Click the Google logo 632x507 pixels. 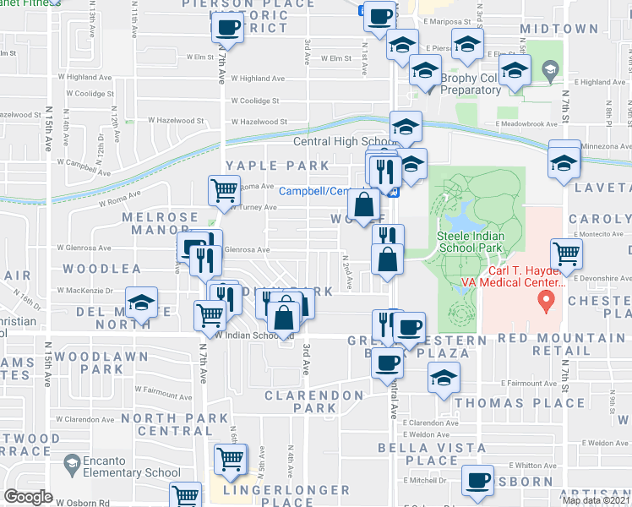click(x=28, y=497)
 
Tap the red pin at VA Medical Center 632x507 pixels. click(x=547, y=299)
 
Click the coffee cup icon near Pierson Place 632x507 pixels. click(x=226, y=27)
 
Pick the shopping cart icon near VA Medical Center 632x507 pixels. click(x=565, y=252)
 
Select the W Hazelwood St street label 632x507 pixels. click(x=266, y=122)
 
